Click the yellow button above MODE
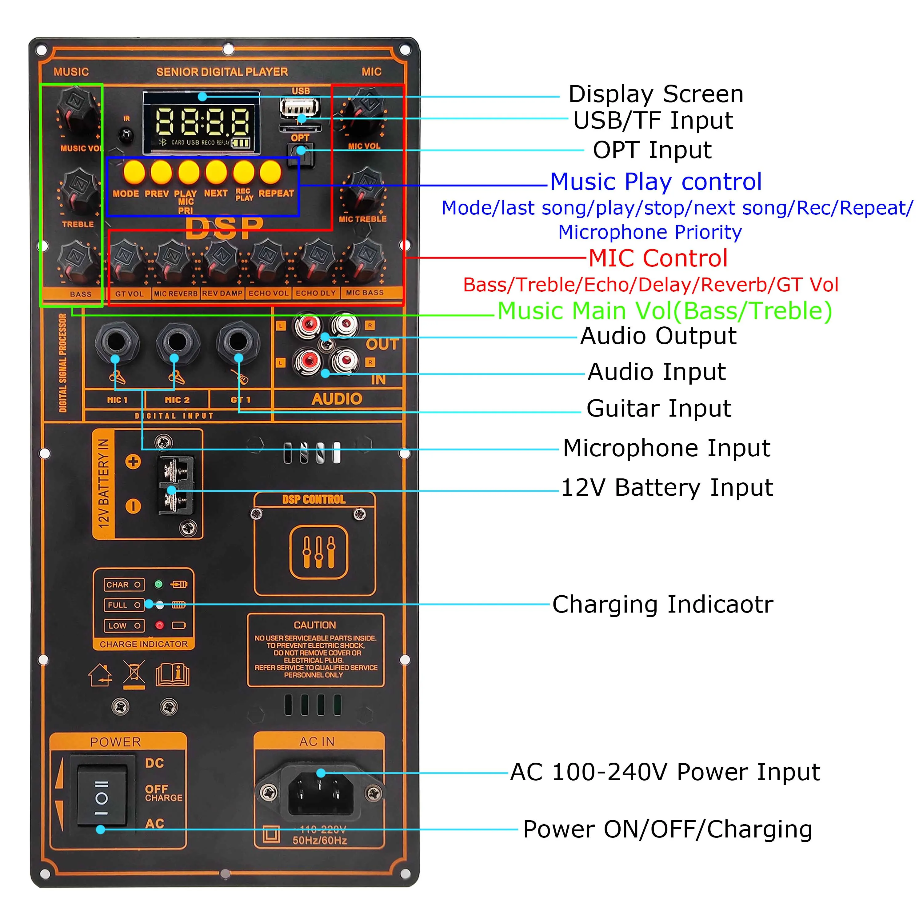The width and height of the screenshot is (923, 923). point(134,172)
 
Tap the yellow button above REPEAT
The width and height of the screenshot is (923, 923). point(271,172)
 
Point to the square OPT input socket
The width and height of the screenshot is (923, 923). point(300,154)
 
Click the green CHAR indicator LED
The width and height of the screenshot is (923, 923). point(159,584)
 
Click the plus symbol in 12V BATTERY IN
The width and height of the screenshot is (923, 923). point(133,461)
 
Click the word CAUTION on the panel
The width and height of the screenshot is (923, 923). point(315,625)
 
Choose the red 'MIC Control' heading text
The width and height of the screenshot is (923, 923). point(658,258)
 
